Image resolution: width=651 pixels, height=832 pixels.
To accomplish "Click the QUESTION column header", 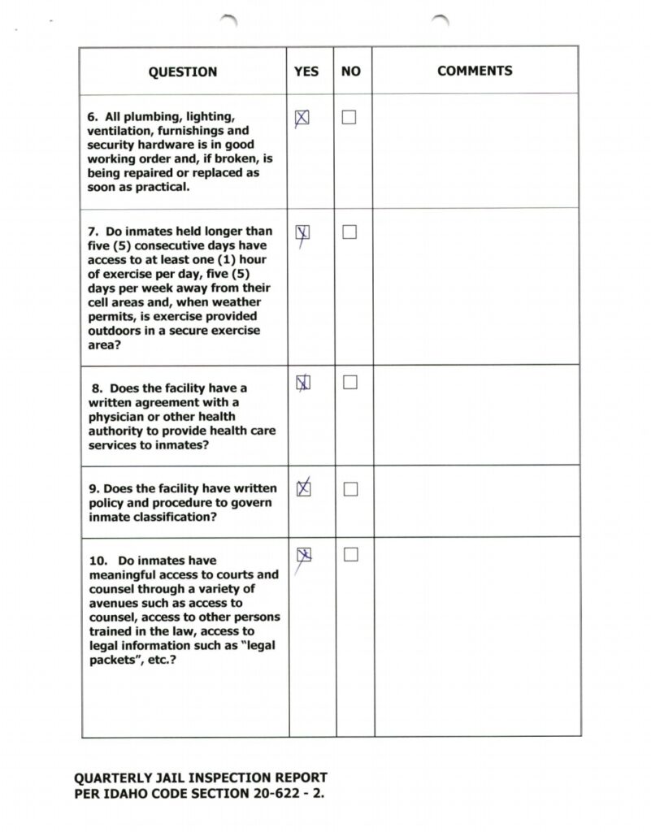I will pyautogui.click(x=183, y=71).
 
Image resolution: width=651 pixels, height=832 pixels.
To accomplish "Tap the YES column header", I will pyautogui.click(x=306, y=71).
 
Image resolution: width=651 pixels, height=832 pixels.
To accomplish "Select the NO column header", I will pyautogui.click(x=351, y=71).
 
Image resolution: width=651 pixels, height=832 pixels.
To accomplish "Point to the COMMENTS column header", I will pyautogui.click(x=475, y=71).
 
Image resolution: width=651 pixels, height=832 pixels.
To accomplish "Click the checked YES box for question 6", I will pyautogui.click(x=302, y=118).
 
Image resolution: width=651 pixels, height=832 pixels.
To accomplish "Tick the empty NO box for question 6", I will pyautogui.click(x=349, y=118).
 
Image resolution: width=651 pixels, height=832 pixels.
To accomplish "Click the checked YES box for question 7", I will pyautogui.click(x=302, y=232).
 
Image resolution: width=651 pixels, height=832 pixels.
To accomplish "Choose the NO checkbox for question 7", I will pyautogui.click(x=349, y=232).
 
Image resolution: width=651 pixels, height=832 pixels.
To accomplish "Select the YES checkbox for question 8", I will pyautogui.click(x=302, y=382).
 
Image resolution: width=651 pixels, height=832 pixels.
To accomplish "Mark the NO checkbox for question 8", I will pyautogui.click(x=349, y=382).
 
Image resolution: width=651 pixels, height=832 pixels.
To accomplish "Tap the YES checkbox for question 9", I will pyautogui.click(x=303, y=488).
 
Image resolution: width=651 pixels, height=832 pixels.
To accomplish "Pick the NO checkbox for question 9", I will pyautogui.click(x=350, y=489).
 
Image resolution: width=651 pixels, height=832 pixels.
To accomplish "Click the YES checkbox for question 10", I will pyautogui.click(x=304, y=555).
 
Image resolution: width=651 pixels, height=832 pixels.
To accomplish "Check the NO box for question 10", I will pyautogui.click(x=350, y=555).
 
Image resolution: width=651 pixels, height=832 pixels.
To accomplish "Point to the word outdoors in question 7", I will pyautogui.click(x=115, y=331).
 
